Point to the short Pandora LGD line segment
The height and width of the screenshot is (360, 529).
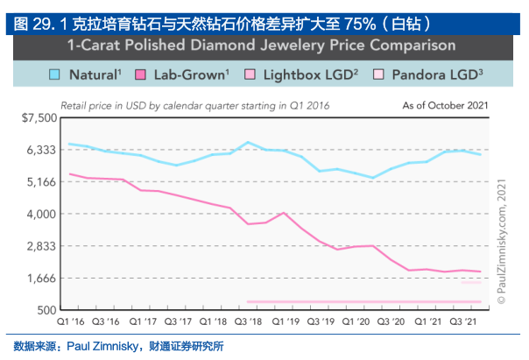pyautogui.click(x=471, y=283)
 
